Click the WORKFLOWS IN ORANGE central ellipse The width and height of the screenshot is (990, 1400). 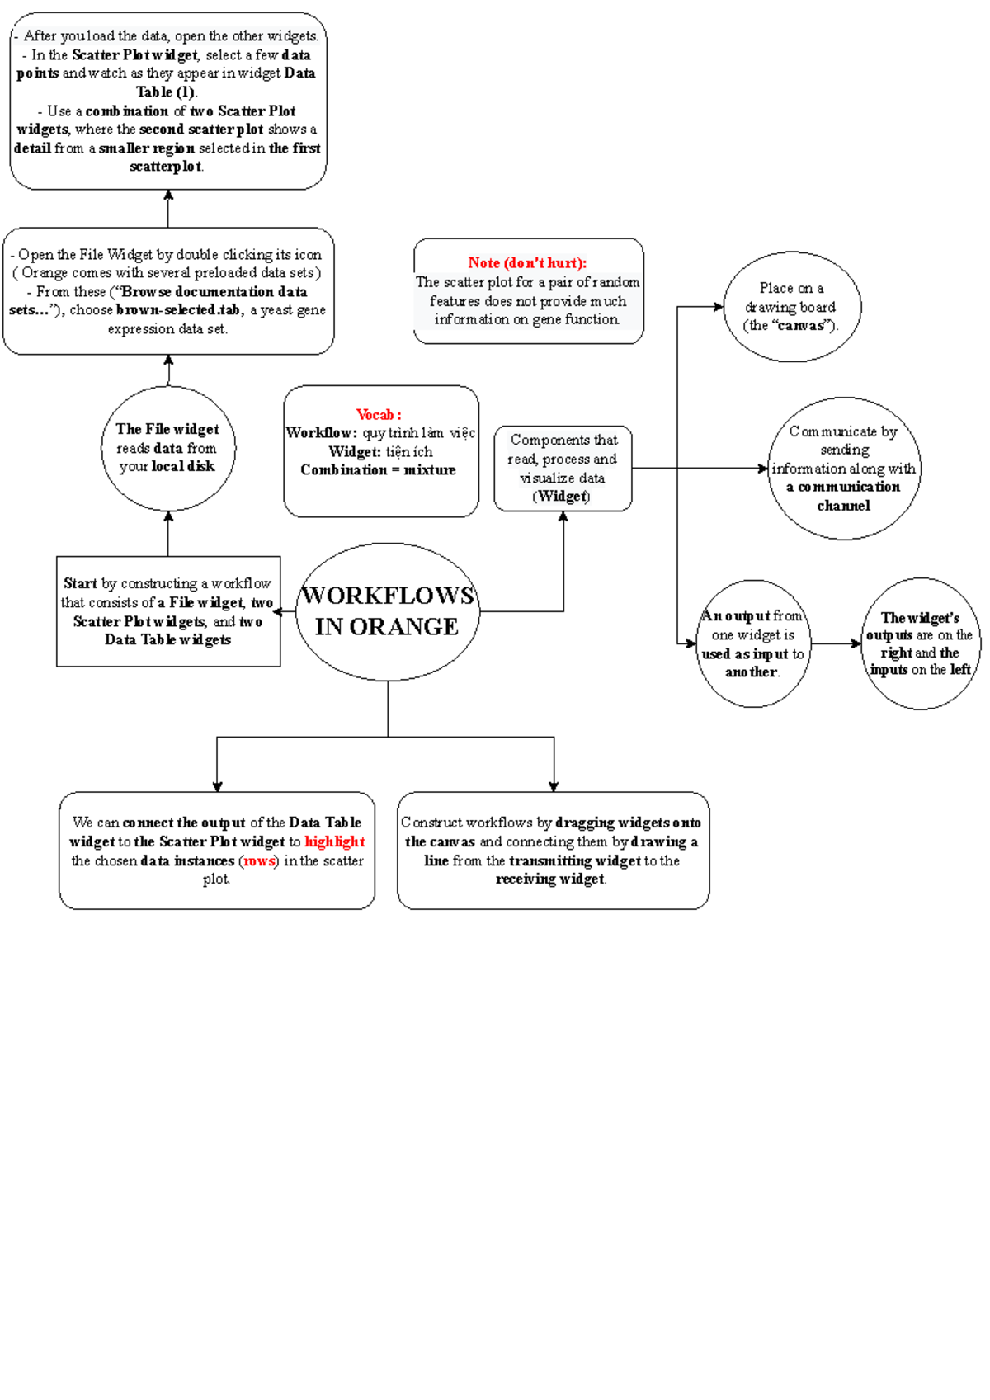[x=388, y=611]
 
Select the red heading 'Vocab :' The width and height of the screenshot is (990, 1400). [x=379, y=414]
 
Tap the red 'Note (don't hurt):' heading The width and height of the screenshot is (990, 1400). [x=527, y=262]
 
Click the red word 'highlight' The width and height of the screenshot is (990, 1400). [x=334, y=841]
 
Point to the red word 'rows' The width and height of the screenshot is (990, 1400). [x=259, y=860]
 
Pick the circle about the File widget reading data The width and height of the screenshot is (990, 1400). [x=168, y=448]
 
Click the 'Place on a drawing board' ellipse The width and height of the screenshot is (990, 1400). [x=792, y=307]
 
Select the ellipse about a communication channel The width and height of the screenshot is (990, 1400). [x=844, y=469]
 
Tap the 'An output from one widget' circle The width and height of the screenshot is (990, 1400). [x=752, y=643]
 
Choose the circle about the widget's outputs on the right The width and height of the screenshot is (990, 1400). [x=920, y=643]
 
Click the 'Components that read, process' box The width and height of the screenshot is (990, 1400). [x=563, y=468]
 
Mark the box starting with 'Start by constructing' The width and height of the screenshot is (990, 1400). [x=168, y=611]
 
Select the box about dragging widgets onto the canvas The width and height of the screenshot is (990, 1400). [x=553, y=851]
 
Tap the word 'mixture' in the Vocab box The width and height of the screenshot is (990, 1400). [x=430, y=469]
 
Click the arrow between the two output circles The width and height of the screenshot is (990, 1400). [x=835, y=643]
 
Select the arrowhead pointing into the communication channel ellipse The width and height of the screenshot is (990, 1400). [x=763, y=469]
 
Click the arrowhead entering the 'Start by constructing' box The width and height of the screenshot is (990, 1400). [x=278, y=611]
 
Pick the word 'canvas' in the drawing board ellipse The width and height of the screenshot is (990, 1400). [x=799, y=325]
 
